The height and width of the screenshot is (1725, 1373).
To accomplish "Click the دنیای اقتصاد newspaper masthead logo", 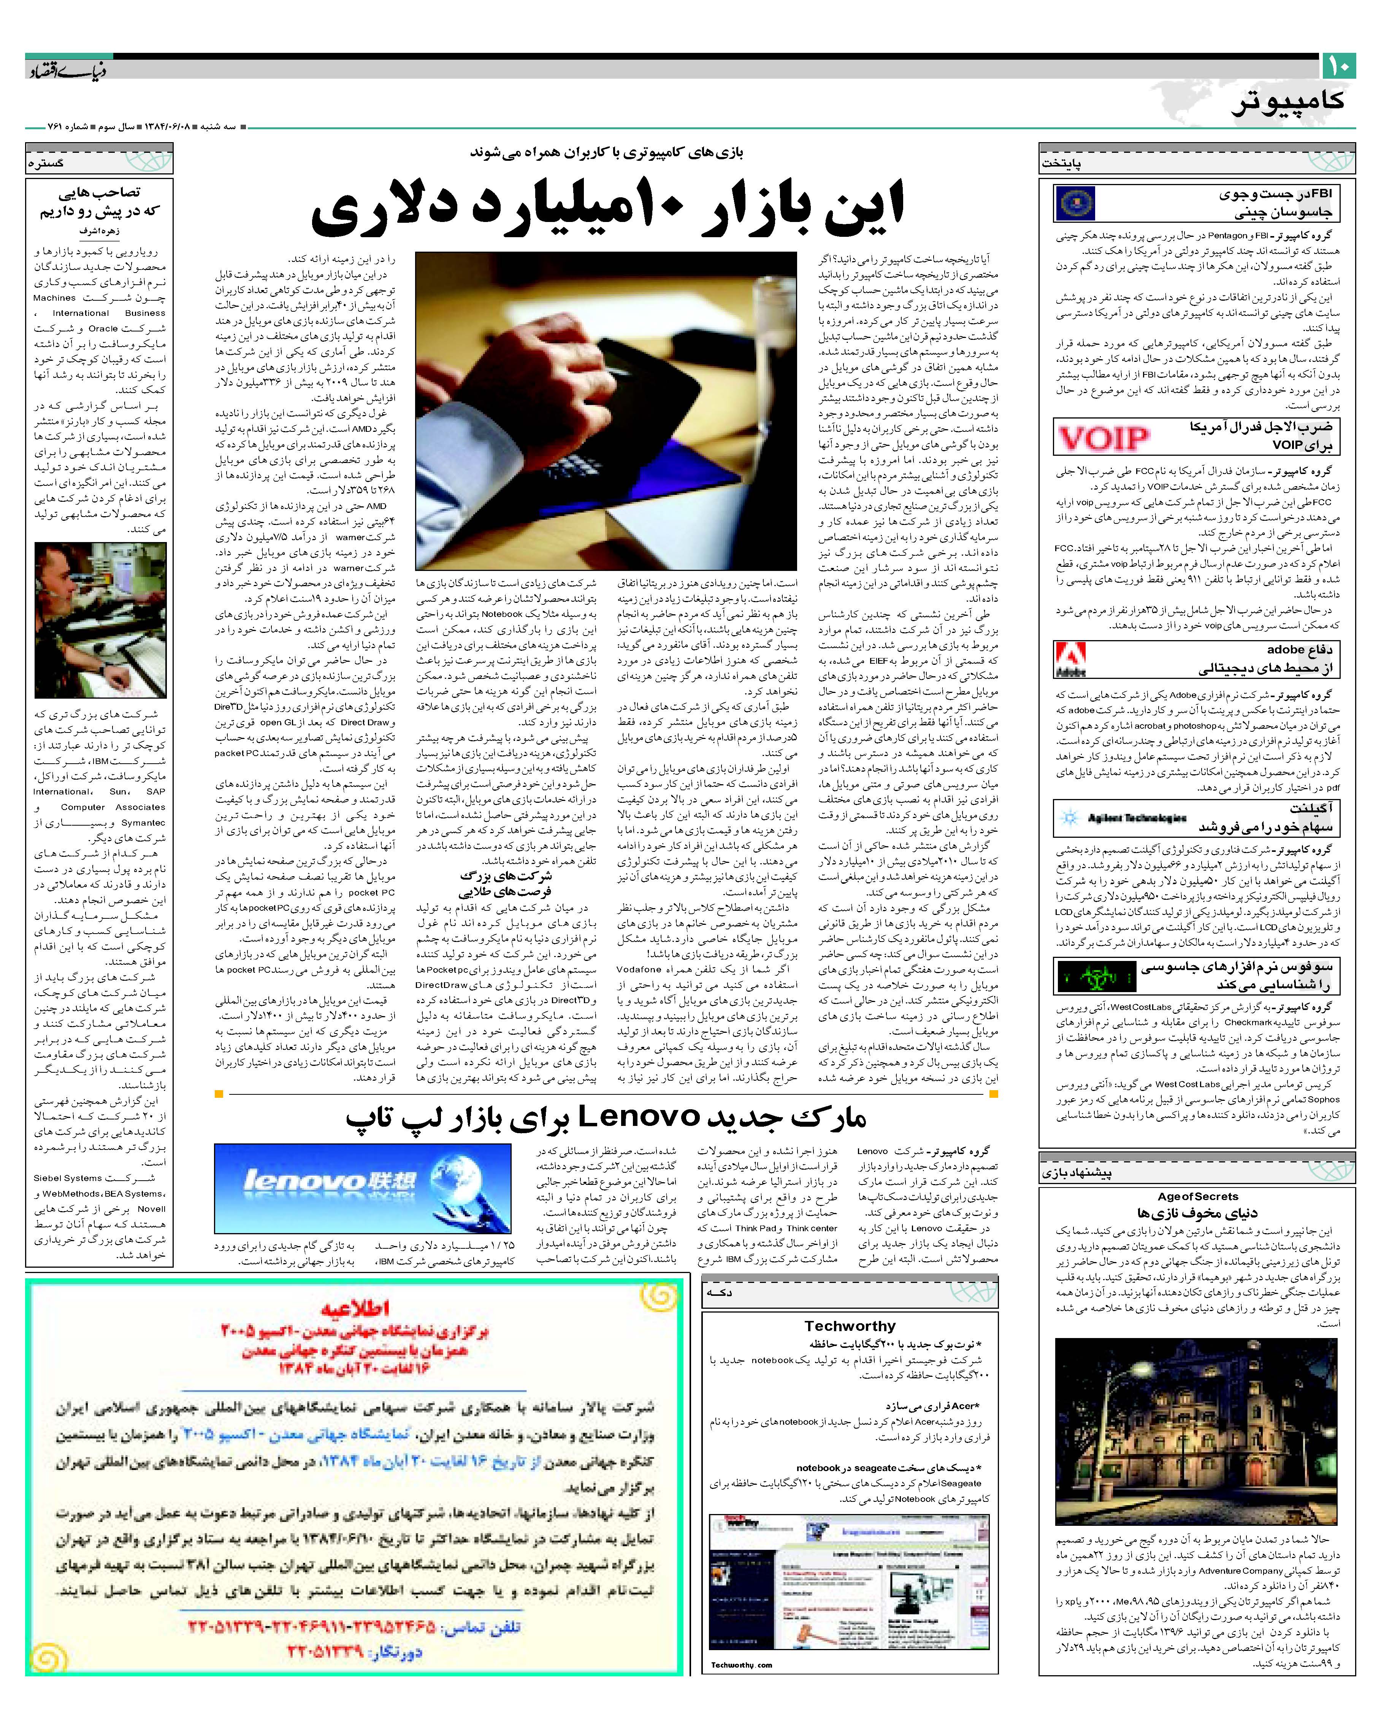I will tap(68, 71).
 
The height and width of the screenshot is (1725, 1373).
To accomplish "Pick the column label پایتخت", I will tap(1062, 163).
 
